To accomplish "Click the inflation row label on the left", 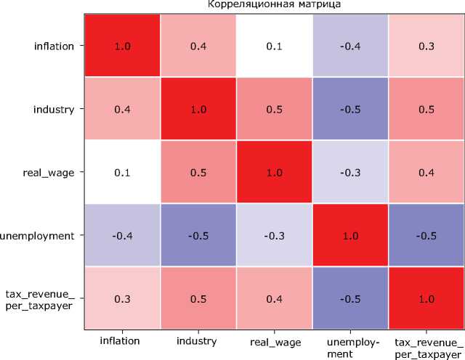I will click(x=54, y=46).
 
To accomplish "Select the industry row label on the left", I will click(x=54, y=109).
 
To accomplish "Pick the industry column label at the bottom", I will click(x=197, y=340).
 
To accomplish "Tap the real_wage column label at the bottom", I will click(x=273, y=340).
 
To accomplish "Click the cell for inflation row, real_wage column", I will click(x=273, y=46).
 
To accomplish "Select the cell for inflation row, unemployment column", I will click(x=349, y=46).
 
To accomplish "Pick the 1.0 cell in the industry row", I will click(x=197, y=109).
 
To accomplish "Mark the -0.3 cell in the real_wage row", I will click(x=349, y=172).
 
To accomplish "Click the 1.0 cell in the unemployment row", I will click(x=349, y=235).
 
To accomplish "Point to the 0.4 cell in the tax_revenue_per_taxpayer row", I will click(x=273, y=298).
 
